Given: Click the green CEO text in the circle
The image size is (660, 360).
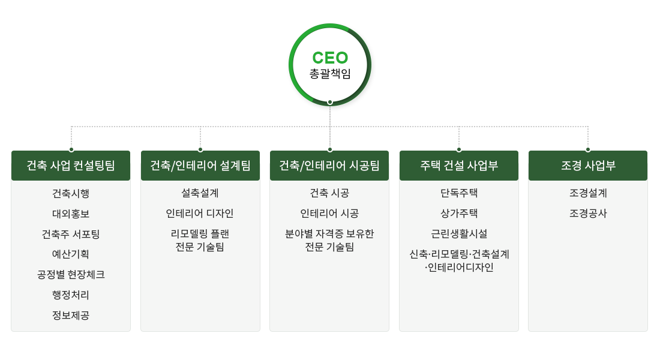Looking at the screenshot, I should [x=330, y=58].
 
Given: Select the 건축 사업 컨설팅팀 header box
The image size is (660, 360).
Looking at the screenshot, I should [x=71, y=166].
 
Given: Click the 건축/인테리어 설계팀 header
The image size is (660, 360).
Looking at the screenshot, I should [x=200, y=166].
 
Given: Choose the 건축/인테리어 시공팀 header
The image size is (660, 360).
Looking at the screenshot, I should [x=329, y=166].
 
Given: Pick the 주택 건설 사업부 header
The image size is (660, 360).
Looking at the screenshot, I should [x=459, y=166].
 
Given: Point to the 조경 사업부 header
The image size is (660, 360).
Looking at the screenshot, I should [x=588, y=166].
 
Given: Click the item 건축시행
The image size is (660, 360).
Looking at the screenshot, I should [x=71, y=193].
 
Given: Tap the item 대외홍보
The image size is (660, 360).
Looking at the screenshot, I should [x=71, y=214].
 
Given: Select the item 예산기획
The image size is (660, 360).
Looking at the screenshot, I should [x=71, y=254].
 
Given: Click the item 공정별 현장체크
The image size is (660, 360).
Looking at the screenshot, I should [x=71, y=274].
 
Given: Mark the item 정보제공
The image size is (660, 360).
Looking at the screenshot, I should [x=71, y=315].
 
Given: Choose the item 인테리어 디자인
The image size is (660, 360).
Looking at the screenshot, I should [x=200, y=214].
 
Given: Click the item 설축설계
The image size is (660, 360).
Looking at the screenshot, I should [x=200, y=193].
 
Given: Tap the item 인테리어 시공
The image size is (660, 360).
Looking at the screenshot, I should [x=329, y=214].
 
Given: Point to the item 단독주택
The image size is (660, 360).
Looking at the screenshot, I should [x=459, y=193].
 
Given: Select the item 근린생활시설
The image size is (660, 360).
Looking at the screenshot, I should [x=459, y=233].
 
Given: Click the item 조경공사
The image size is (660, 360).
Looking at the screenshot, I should [x=588, y=214].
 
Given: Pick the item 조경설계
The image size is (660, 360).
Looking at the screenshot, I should [x=588, y=193].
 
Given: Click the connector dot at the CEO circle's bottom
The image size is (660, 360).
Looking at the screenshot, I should [x=330, y=103].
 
